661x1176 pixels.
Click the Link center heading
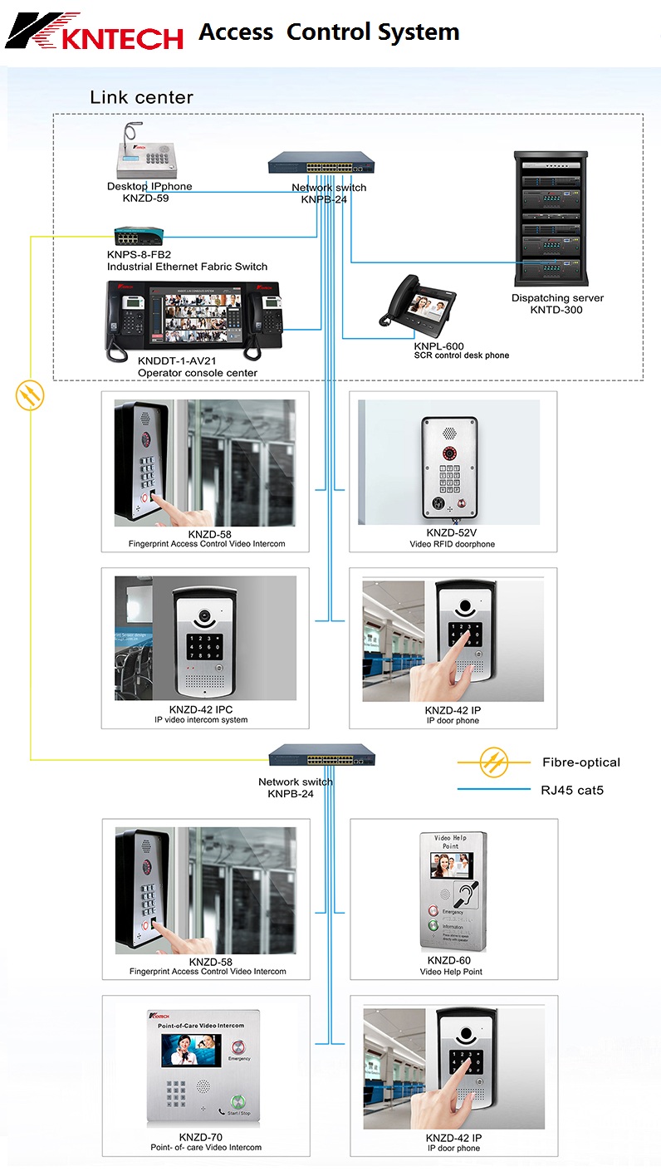141,97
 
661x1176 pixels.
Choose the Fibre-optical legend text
580,762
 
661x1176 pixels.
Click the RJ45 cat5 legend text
572,790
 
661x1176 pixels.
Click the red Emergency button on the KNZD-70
239,1048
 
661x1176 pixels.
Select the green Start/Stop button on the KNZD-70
239,1098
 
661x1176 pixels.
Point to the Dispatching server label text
557,298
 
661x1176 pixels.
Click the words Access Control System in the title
329,32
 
